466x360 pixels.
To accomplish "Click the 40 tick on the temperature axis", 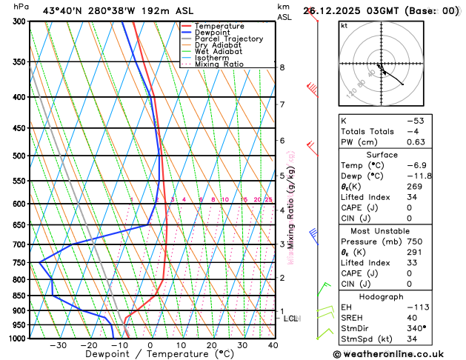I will point(273,345).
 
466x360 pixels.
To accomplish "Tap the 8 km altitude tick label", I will point(282,67).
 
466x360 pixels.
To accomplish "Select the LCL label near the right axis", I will point(291,319).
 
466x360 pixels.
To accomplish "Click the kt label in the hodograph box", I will point(344,25).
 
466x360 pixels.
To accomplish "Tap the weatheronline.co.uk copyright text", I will point(399,353).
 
